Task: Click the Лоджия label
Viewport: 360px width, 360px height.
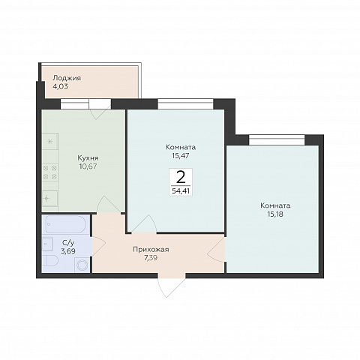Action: pyautogui.click(x=67, y=78)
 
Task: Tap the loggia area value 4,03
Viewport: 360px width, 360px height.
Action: pyautogui.click(x=60, y=87)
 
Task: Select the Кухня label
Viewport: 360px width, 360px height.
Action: pyautogui.click(x=88, y=158)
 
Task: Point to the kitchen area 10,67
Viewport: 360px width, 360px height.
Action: pyautogui.click(x=88, y=166)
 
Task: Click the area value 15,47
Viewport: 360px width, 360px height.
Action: pyautogui.click(x=181, y=156)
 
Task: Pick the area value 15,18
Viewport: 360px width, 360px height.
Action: pyautogui.click(x=275, y=214)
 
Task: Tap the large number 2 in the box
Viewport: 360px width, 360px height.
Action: pyautogui.click(x=181, y=177)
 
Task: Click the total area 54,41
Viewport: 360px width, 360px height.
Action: pyautogui.click(x=181, y=191)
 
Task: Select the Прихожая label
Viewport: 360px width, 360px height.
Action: pyautogui.click(x=151, y=250)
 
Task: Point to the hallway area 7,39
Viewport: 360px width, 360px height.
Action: pyautogui.click(x=151, y=258)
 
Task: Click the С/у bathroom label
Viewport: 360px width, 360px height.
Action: pyautogui.click(x=68, y=242)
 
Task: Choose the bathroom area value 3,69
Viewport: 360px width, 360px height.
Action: pyautogui.click(x=68, y=250)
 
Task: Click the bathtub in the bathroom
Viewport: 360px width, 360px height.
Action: pyautogui.click(x=66, y=224)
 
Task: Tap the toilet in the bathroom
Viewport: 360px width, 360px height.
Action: pyautogui.click(x=51, y=261)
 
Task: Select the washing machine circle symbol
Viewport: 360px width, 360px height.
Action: pyautogui.click(x=82, y=265)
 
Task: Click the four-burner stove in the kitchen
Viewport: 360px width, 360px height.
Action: pyautogui.click(x=50, y=172)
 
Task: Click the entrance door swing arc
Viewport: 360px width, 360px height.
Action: pyautogui.click(x=172, y=286)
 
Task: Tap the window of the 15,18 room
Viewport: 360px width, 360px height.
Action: pyautogui.click(x=277, y=140)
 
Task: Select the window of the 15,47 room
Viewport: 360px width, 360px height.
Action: pyautogui.click(x=185, y=104)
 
